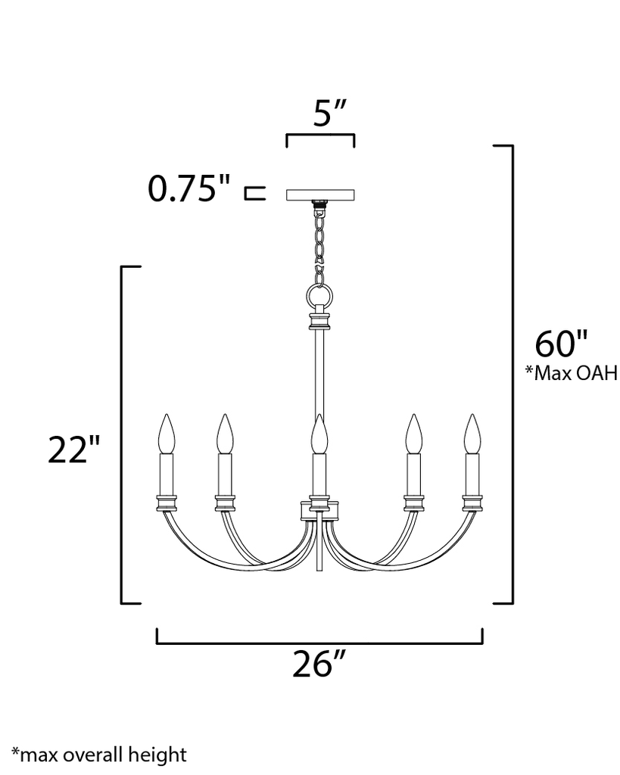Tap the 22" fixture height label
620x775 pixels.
point(74,451)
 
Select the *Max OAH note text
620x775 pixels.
point(572,372)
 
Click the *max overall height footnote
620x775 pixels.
point(98,754)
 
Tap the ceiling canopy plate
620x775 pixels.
point(320,195)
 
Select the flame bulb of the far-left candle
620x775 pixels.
point(167,434)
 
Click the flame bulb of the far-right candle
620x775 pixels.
point(473,434)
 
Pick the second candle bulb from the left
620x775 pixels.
point(225,434)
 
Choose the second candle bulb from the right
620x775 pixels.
point(413,434)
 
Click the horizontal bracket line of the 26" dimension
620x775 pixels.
point(319,643)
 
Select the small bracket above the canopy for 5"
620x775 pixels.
point(320,137)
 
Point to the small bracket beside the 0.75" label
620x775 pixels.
point(256,194)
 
